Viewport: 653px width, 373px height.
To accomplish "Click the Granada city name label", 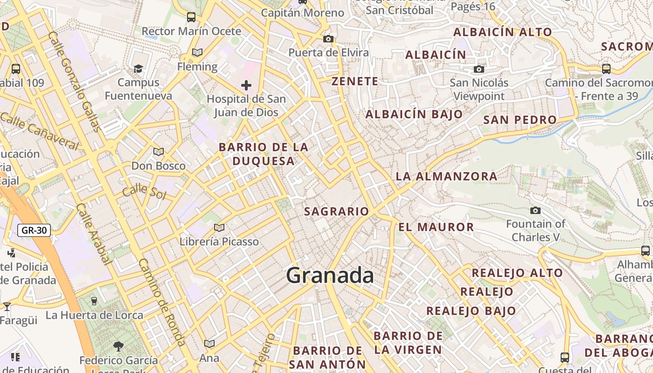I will (x=330, y=275).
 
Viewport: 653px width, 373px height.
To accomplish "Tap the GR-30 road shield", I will (x=34, y=230).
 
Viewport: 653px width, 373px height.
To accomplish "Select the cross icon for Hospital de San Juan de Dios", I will (x=246, y=85).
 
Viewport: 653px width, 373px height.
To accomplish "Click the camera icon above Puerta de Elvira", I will (x=328, y=39).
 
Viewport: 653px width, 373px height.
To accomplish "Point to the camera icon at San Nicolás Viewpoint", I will (x=479, y=69).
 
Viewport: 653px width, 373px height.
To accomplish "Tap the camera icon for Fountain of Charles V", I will (x=535, y=210).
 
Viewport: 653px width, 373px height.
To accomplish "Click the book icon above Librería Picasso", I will (x=219, y=228).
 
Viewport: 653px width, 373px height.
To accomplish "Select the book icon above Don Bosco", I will (x=159, y=152).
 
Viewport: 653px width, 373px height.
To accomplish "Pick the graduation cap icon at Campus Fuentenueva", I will (x=138, y=69).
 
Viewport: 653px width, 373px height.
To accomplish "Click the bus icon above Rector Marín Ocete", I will (x=191, y=17).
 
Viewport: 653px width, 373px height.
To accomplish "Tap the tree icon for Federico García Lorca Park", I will (x=118, y=346).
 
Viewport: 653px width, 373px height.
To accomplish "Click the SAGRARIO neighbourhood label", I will (x=337, y=211).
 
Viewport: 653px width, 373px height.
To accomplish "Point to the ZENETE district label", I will (x=355, y=81).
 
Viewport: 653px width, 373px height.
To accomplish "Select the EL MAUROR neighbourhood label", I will (x=436, y=227).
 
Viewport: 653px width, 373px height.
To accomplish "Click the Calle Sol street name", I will (x=144, y=191).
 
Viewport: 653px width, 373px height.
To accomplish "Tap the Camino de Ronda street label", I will (x=162, y=301).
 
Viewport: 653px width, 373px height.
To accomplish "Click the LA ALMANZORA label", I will (x=446, y=176).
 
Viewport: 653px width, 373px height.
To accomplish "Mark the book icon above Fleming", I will (x=197, y=52).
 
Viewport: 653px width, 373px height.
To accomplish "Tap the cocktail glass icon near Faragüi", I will (x=7, y=307).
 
